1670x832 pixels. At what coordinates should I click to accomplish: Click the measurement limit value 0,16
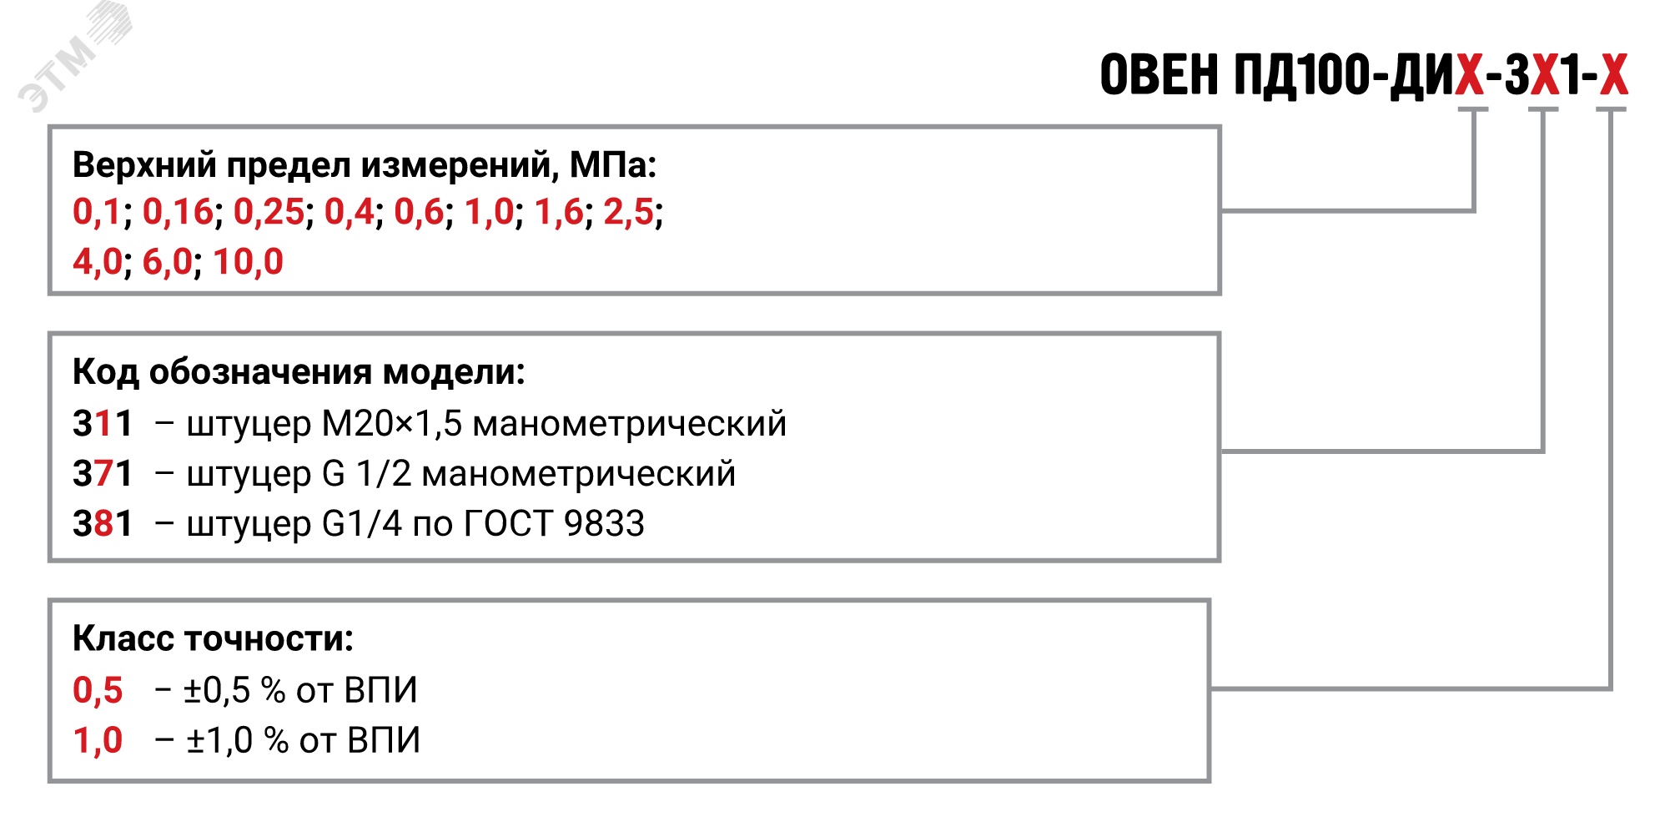click(x=178, y=212)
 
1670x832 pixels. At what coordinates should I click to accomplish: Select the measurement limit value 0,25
click(x=269, y=212)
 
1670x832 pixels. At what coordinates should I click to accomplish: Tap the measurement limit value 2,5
click(x=628, y=212)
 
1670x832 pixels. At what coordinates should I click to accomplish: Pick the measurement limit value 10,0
click(x=248, y=262)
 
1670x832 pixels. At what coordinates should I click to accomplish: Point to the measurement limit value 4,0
click(x=98, y=262)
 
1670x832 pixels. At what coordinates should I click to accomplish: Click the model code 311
click(x=103, y=424)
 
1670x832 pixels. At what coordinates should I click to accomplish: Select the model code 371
click(x=103, y=474)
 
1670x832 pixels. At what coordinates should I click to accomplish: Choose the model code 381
click(x=103, y=524)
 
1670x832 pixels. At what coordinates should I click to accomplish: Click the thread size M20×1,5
click(x=392, y=424)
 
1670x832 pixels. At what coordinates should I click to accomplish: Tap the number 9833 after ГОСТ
click(x=604, y=524)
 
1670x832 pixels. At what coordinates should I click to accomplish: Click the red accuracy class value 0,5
click(x=98, y=691)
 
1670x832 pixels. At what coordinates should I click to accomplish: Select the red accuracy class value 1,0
click(x=98, y=741)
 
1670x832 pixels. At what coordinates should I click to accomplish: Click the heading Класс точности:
click(x=214, y=639)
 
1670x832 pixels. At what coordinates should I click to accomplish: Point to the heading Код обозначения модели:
click(x=299, y=373)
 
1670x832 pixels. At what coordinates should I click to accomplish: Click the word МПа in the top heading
click(x=607, y=165)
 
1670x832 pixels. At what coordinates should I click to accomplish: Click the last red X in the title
click(x=1613, y=75)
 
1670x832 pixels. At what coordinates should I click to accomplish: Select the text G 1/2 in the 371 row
click(x=367, y=474)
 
